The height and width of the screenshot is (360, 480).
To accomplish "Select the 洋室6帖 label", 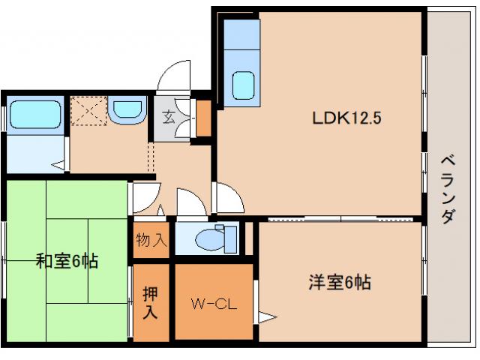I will [x=339, y=283].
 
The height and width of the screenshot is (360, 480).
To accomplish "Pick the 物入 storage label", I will [x=151, y=241].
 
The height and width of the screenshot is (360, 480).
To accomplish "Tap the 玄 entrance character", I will [x=169, y=117].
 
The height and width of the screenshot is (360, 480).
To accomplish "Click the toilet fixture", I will [x=209, y=238].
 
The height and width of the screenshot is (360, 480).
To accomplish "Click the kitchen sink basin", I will [x=243, y=84].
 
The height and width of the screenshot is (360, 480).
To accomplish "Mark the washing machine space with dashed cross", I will [x=88, y=112].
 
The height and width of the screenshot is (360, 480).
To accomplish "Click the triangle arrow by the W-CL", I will [x=264, y=315].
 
